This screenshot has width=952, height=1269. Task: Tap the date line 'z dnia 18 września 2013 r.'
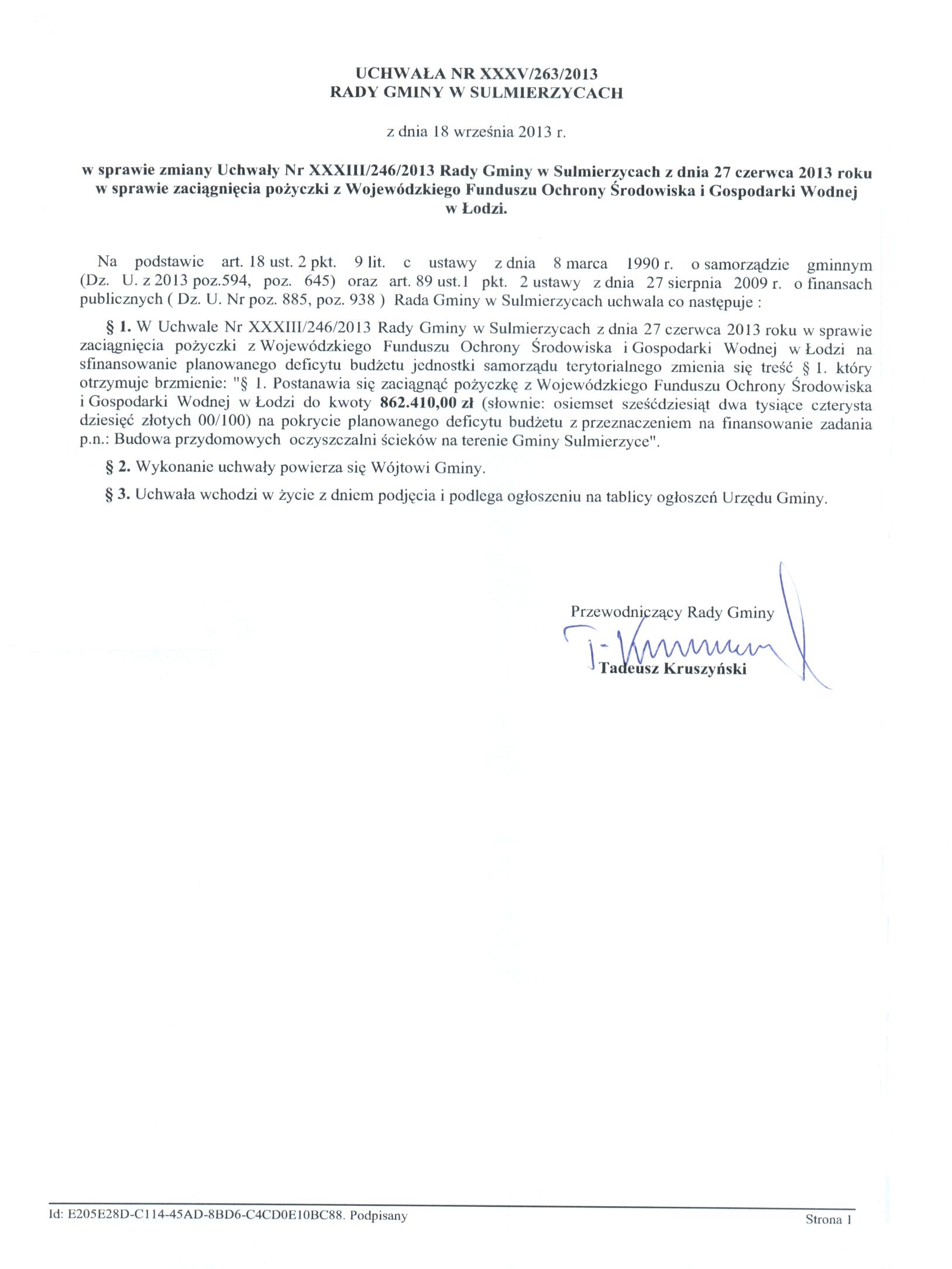pos(476,132)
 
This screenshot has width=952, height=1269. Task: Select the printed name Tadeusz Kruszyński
pos(673,669)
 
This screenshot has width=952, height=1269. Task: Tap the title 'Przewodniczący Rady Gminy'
pos(672,613)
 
